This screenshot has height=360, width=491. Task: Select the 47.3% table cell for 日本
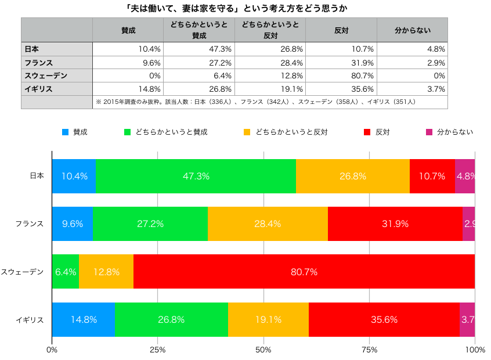199,49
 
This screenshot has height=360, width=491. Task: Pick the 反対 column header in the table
341,30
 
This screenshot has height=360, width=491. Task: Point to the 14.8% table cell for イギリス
128,89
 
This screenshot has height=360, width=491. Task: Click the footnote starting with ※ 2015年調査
255,102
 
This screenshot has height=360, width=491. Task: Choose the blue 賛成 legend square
65,132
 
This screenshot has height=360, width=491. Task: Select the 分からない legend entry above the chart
455,132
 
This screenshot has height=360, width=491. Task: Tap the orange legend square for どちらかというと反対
247,132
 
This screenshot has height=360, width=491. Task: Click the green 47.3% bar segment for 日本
196,176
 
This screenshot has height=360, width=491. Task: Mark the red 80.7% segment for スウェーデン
304,271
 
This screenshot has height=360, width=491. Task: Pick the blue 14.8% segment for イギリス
83,319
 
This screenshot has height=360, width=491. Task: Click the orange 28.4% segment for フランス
268,224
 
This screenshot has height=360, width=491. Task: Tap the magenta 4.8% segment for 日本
465,176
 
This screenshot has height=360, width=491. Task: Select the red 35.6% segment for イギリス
384,319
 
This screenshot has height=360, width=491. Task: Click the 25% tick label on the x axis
157,350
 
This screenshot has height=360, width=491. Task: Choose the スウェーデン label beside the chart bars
22,271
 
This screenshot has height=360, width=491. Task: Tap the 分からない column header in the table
412,30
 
